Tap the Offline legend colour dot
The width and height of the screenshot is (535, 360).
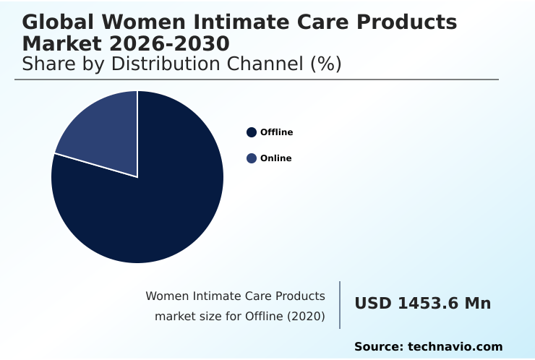coord(252,132)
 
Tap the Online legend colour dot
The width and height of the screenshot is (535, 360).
coord(252,158)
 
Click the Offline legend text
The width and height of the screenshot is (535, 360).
coord(277,132)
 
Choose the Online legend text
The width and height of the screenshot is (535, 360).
coord(276,158)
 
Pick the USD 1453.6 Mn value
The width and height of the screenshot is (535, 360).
coord(422,304)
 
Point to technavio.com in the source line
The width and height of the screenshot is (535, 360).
coord(455,347)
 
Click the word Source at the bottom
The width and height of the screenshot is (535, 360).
coord(378,347)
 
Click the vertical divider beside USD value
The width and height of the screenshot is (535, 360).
coord(340,305)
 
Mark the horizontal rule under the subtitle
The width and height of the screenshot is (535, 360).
coord(257,80)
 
